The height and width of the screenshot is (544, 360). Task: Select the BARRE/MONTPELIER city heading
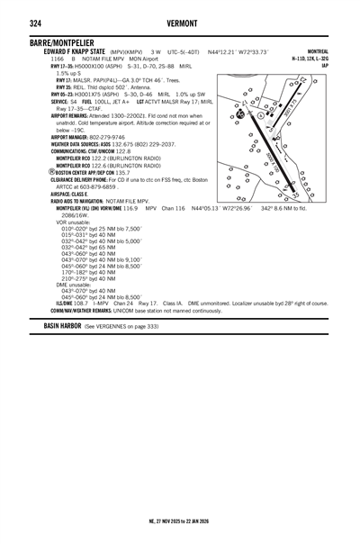pos(66,43)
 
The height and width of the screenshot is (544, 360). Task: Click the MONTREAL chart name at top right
pos(317,52)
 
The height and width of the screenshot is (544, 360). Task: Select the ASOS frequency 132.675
pos(120,143)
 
